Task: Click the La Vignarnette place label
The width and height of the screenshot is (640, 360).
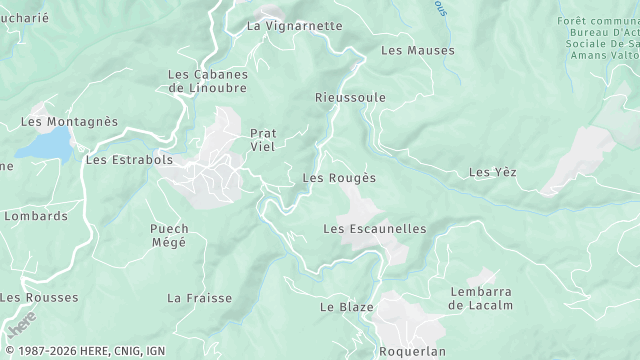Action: (x=294, y=25)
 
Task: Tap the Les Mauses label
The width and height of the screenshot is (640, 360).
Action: (x=417, y=50)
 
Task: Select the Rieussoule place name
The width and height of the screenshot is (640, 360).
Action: (x=350, y=98)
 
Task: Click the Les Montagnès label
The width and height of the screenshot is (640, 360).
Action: (x=69, y=122)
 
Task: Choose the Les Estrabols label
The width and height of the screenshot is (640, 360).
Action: (x=130, y=159)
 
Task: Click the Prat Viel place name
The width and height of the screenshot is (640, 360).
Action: (x=262, y=140)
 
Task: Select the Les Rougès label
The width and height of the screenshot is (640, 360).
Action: (x=339, y=178)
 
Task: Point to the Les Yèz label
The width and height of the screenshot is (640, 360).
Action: (x=492, y=173)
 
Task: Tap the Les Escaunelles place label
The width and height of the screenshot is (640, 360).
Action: (x=375, y=229)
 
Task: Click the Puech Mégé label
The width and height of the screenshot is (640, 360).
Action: (x=169, y=235)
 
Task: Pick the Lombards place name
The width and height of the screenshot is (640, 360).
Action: (x=36, y=215)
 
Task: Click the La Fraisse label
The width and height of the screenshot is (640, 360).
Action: (x=200, y=298)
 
